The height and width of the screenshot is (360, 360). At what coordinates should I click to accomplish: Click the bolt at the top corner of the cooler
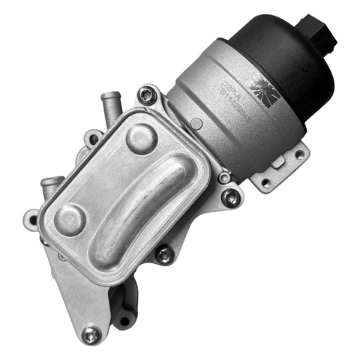tap(147, 95)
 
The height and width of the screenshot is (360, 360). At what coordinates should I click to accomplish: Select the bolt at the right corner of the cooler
tap(232, 197)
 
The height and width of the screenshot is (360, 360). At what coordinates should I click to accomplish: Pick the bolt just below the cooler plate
tap(163, 255)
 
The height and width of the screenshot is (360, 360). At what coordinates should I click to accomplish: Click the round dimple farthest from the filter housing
tap(71, 218)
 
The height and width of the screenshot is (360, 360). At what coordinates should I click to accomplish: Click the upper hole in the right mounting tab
tap(298, 154)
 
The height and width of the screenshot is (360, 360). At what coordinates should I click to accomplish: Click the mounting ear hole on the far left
tap(31, 220)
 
